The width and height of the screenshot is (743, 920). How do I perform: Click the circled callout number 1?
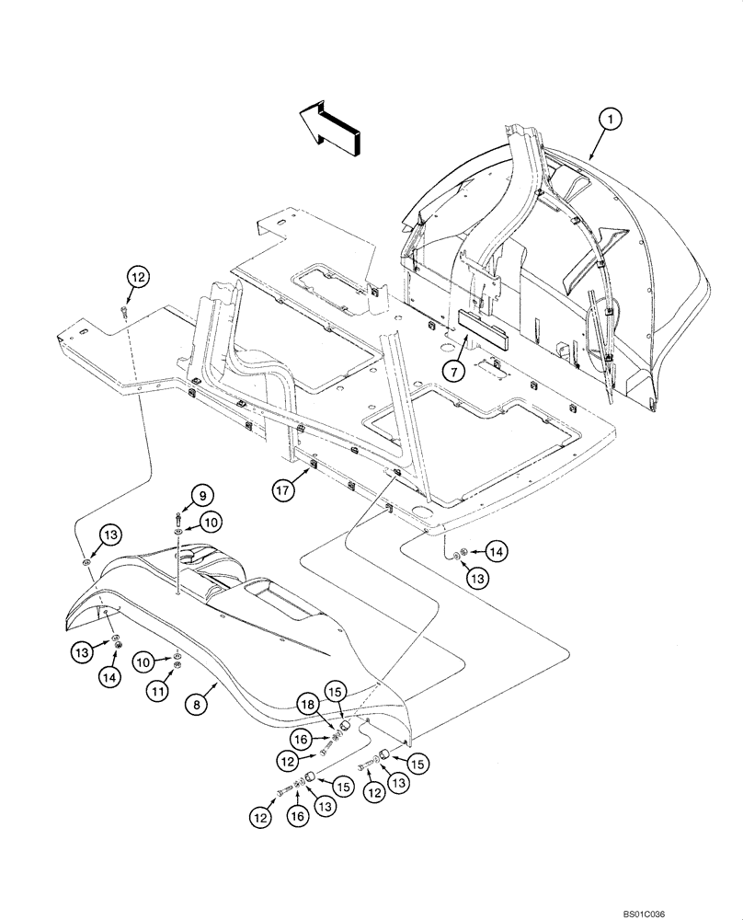609,119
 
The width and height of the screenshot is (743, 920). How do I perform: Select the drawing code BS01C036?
708,909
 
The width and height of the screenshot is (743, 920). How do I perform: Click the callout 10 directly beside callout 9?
211,522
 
